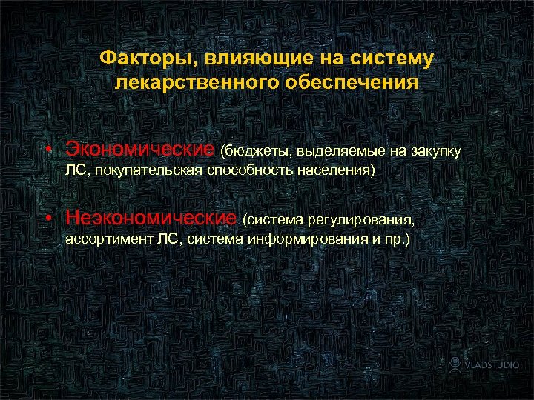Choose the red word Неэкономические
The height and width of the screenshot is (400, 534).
click(x=151, y=218)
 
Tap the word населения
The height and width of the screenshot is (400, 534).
click(x=340, y=171)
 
